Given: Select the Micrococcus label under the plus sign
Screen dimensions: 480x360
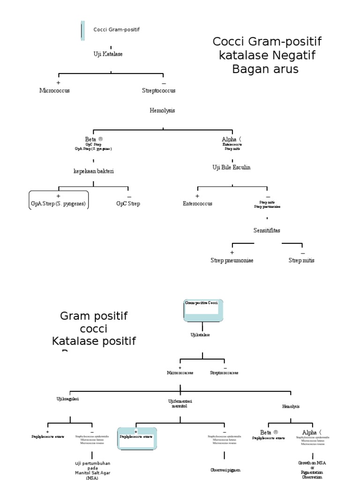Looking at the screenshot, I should pos(54,90).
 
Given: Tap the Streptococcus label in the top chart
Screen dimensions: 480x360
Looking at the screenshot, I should pos(158,90).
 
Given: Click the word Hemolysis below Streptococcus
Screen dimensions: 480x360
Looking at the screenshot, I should pos(162,111).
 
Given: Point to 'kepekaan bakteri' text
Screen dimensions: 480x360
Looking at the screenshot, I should pos(94,171).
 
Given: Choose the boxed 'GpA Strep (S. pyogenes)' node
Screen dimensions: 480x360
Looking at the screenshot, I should pos(59,200).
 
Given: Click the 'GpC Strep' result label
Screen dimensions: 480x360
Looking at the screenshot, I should pos(128,204).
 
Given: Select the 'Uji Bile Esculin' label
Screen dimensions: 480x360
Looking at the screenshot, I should pos(232,167).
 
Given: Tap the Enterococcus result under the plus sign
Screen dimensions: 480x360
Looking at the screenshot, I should pos(197,204).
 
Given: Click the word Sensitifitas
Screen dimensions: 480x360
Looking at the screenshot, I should pos(267,231).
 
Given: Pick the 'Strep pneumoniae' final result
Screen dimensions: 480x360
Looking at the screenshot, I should pos(232,260).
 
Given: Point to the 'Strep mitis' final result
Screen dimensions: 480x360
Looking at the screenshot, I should pos(301,260).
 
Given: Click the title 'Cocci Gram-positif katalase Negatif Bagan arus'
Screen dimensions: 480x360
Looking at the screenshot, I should pos(267,55).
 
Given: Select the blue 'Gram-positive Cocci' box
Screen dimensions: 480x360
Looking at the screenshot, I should pos(203,310).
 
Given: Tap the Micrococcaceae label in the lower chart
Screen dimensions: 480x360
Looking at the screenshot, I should pos(180,373).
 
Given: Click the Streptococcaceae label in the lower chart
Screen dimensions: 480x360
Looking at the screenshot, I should pos(224,373).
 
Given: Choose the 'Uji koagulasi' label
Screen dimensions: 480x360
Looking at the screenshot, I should pos(67,398).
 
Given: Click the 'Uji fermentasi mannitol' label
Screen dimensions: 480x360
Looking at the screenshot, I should pos(180,404).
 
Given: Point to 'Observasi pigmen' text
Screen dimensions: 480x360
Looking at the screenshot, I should pos(225,469).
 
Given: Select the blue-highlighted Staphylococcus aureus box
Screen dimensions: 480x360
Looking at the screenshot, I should pos(137,438).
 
